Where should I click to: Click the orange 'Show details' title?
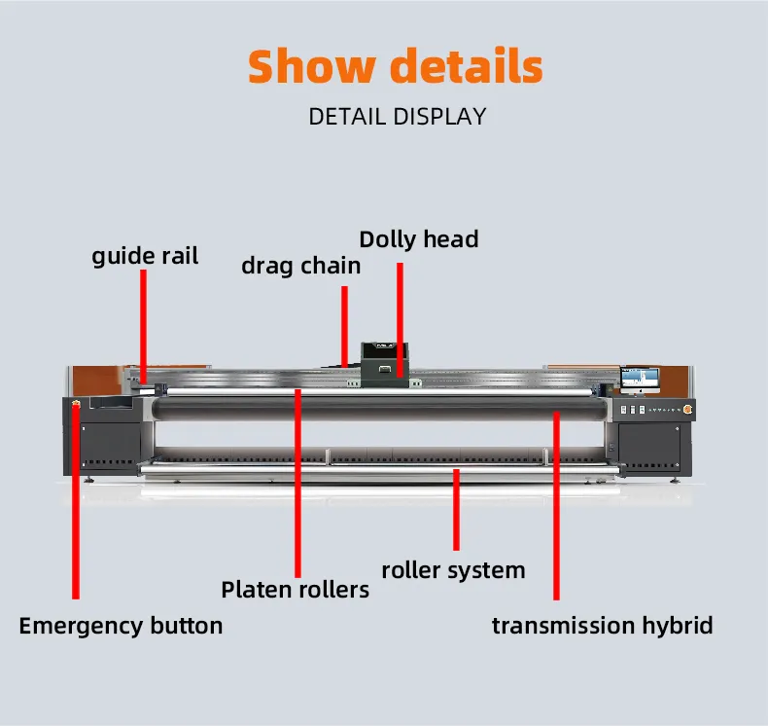[x=395, y=66]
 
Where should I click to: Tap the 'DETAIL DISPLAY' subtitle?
[x=397, y=117]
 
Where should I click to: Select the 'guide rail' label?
[x=145, y=256]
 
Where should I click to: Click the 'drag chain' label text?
[x=300, y=265]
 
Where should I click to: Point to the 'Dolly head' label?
[x=419, y=239]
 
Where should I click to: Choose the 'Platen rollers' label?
[x=295, y=590]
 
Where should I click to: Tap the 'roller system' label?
[x=453, y=570]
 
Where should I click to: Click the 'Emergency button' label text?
[x=121, y=626]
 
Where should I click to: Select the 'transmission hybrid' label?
[x=602, y=626]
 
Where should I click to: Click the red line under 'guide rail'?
[x=144, y=321]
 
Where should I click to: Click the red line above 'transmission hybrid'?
[x=556, y=506]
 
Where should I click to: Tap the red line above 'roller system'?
[x=456, y=511]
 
